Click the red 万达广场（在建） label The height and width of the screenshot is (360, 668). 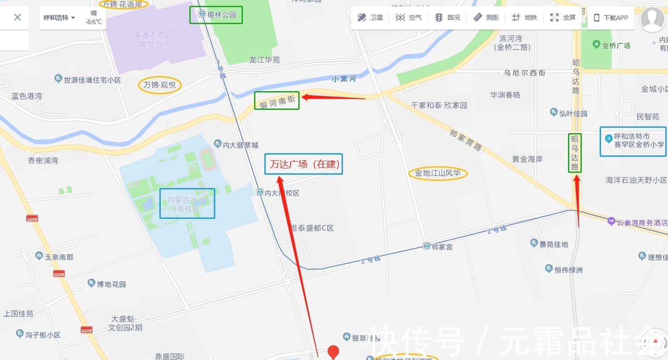point(304,164)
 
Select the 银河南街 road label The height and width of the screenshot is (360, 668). point(277,101)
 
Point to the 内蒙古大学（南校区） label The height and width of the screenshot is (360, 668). point(188,204)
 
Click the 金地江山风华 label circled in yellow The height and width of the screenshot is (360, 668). point(438,173)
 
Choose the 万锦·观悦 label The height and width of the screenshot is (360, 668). point(160,85)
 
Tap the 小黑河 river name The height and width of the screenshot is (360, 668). point(344,79)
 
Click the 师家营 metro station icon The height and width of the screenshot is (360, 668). point(427,246)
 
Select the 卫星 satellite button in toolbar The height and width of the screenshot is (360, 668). point(370,18)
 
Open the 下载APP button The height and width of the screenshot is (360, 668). point(610,18)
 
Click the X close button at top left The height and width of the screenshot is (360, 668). point(17,17)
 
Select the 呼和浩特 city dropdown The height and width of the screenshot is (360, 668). point(59,18)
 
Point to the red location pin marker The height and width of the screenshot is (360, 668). point(333,352)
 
